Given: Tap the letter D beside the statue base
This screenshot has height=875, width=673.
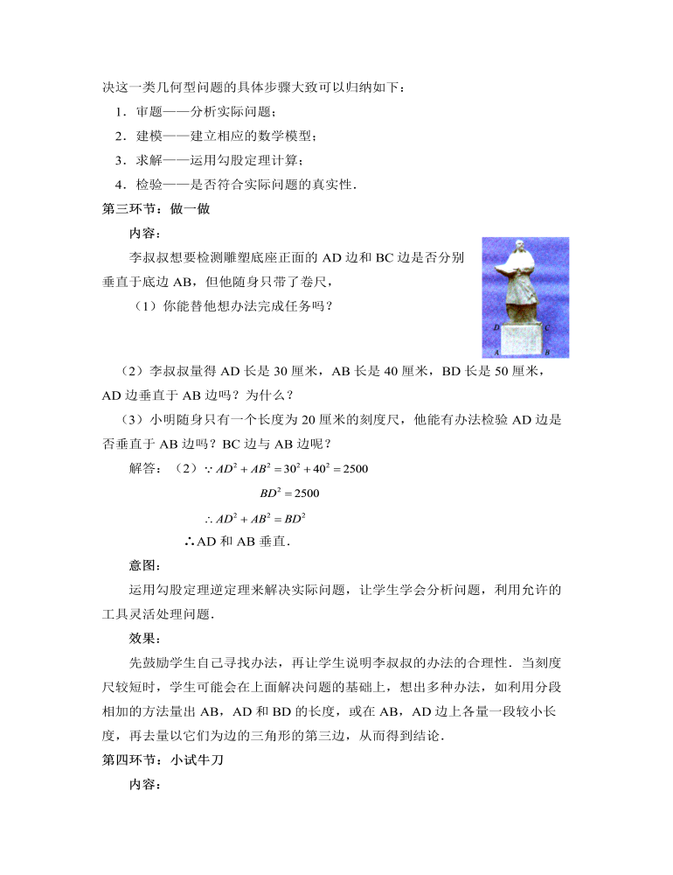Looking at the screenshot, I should pos(496,327).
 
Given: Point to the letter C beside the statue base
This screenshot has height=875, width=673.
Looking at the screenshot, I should pos(546,327).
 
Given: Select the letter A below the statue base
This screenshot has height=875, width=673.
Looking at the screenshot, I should pos(496,352).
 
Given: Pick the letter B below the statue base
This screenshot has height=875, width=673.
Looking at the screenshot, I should pos(546,352).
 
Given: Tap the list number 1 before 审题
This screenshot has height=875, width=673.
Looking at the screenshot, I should pos(118,112).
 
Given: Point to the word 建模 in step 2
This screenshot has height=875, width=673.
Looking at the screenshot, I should pos(149,136).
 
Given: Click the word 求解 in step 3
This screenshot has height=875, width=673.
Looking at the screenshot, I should pos(149,160).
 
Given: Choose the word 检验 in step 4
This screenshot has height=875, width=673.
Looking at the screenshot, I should pos(149,184).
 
